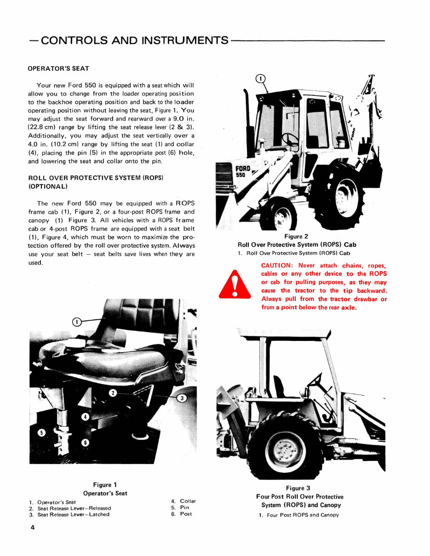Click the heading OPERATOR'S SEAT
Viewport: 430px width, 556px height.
click(59, 68)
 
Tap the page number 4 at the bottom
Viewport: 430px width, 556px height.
click(33, 528)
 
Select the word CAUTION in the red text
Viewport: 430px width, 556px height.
click(277, 266)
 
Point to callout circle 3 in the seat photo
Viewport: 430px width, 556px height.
click(182, 398)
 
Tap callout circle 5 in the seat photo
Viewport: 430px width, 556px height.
click(41, 433)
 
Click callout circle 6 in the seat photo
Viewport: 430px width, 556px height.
click(85, 442)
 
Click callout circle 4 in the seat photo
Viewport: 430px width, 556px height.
click(86, 417)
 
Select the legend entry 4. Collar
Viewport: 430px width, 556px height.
click(183, 501)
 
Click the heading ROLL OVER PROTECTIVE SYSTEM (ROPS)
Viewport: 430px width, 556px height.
click(96, 177)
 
